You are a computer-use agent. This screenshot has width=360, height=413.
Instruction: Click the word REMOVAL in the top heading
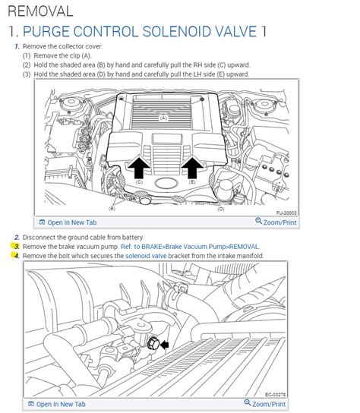[x=39, y=11]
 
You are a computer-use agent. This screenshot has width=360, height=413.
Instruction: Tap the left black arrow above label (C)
[x=138, y=166]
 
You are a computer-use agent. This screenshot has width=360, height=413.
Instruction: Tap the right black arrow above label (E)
[x=193, y=166]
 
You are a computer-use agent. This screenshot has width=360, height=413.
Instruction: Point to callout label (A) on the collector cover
[x=163, y=118]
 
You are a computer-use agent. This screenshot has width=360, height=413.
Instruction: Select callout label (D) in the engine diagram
[x=221, y=208]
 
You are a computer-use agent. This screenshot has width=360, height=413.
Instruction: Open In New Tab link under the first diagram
[x=67, y=222]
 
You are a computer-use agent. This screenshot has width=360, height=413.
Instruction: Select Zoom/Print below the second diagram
[x=273, y=404]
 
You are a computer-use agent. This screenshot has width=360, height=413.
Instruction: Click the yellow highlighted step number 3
[x=15, y=247]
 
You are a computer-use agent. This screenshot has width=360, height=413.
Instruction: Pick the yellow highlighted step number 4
[x=15, y=257]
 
